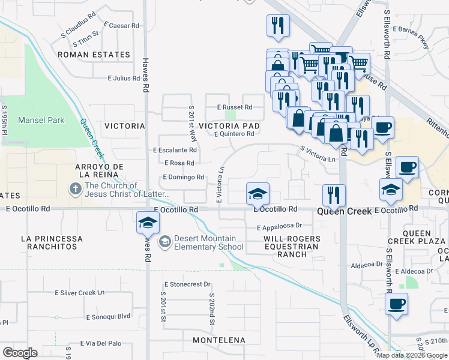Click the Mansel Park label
[41, 120]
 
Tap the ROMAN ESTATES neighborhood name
[94, 55]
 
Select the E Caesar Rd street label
[121, 26]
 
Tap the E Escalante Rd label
[175, 150]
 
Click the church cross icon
[75, 190]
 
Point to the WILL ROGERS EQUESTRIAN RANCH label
[292, 246]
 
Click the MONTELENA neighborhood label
[219, 340]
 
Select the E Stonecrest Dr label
[187, 284]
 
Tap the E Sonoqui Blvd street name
[108, 316]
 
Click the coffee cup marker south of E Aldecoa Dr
[396, 304]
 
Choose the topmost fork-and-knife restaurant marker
[278, 26]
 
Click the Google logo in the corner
[20, 353]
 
